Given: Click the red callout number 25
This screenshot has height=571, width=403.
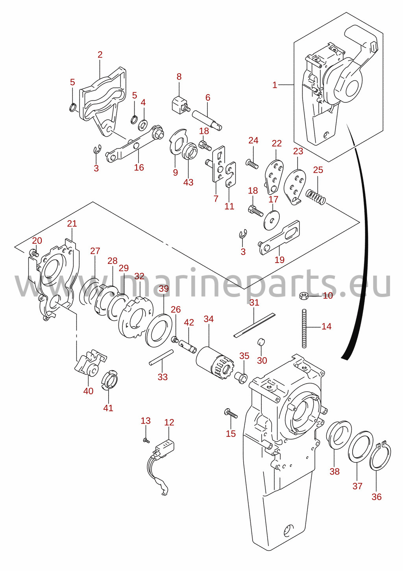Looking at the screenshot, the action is (318, 170).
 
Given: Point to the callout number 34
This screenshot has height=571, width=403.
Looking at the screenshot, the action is (209, 319).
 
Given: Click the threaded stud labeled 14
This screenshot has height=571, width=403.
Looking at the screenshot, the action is (304, 328).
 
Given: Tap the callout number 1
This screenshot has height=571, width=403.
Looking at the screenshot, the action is (275, 85).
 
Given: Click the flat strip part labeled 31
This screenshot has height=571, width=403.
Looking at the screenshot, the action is (255, 325).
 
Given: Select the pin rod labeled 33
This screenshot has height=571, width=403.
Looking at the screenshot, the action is (161, 358).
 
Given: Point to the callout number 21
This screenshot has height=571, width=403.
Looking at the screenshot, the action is (72, 224).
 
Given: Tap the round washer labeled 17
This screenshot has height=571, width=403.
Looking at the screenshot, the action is (272, 220).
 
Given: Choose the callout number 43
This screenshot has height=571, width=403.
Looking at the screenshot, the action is (188, 182).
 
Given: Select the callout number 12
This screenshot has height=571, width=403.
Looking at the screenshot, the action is (169, 423).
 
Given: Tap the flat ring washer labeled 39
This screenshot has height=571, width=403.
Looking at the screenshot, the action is (159, 330).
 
